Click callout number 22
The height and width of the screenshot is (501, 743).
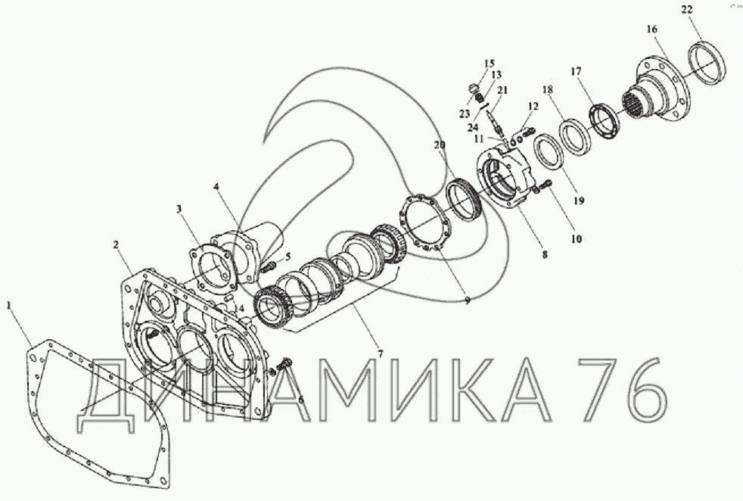pyautogui.click(x=687, y=10)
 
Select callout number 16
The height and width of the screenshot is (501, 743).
pyautogui.click(x=652, y=30)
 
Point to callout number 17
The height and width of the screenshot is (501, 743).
pyautogui.click(x=576, y=72)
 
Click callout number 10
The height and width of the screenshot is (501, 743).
pyautogui.click(x=577, y=239)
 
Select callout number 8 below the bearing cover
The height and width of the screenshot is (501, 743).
pyautogui.click(x=545, y=254)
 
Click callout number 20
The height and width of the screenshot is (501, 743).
pyautogui.click(x=440, y=145)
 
